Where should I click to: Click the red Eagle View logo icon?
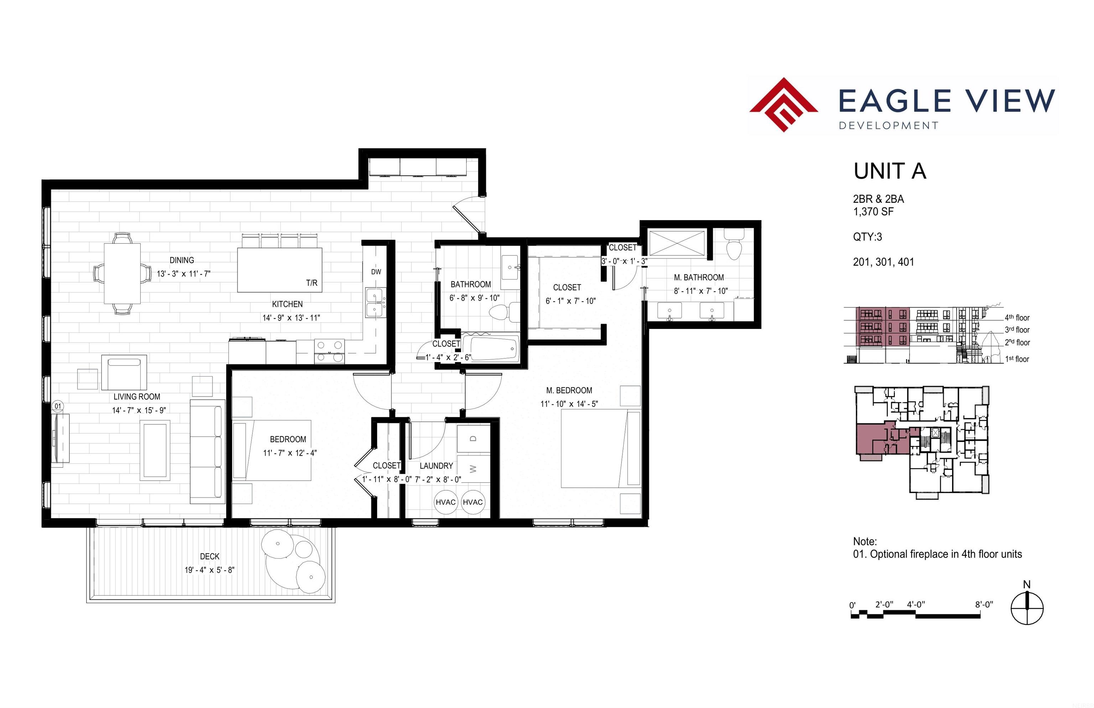[x=783, y=105]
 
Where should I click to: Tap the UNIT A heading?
[x=890, y=171]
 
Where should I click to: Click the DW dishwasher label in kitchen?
[x=376, y=272]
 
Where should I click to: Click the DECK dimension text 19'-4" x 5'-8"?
[x=209, y=570]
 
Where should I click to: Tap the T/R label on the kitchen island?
[x=312, y=283]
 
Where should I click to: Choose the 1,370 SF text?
[x=874, y=212]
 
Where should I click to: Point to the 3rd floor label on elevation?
[x=1017, y=330]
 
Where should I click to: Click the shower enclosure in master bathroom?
[x=676, y=243]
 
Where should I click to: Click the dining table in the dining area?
[x=122, y=273]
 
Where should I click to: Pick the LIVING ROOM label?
[x=137, y=397]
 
